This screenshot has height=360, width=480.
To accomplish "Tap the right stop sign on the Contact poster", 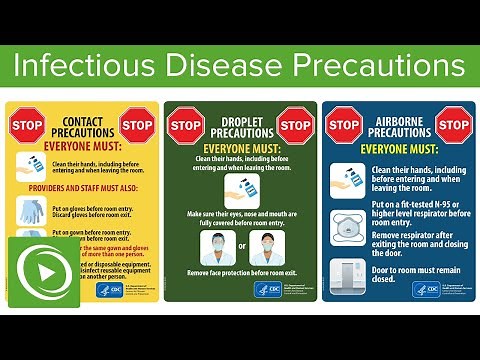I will click(136, 125).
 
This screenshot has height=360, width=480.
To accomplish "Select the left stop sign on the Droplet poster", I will click(185, 125).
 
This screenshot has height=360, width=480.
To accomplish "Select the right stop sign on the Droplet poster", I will click(294, 125).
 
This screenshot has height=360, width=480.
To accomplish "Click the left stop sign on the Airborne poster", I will click(344, 125).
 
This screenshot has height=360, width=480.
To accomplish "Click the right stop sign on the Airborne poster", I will click(453, 125).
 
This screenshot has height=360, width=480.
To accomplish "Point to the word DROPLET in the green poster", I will click(239, 120).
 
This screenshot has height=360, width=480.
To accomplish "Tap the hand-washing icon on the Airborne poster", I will click(347, 183).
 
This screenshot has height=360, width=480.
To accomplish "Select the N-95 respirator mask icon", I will click(347, 226).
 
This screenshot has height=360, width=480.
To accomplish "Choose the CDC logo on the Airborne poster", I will click(427, 289).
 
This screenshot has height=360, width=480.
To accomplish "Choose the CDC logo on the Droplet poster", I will click(270, 289).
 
